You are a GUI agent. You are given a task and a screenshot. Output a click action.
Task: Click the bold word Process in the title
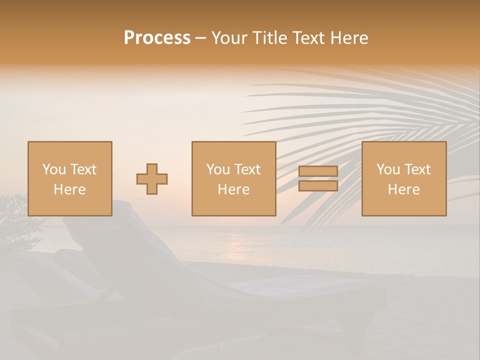[157, 38]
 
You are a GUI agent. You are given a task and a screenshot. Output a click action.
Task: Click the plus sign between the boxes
[152, 179]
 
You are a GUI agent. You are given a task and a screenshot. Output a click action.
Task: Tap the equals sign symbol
[318, 178]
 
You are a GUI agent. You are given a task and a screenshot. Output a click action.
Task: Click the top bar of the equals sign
[318, 171]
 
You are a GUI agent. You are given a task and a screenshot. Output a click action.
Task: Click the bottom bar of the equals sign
[318, 186]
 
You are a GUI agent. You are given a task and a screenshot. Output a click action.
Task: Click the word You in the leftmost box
[53, 169]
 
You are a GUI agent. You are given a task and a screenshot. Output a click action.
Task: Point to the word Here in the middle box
[233, 189]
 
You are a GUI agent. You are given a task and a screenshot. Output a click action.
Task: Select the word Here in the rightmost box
[403, 189]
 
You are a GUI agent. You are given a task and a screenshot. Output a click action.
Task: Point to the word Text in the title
[308, 38]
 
